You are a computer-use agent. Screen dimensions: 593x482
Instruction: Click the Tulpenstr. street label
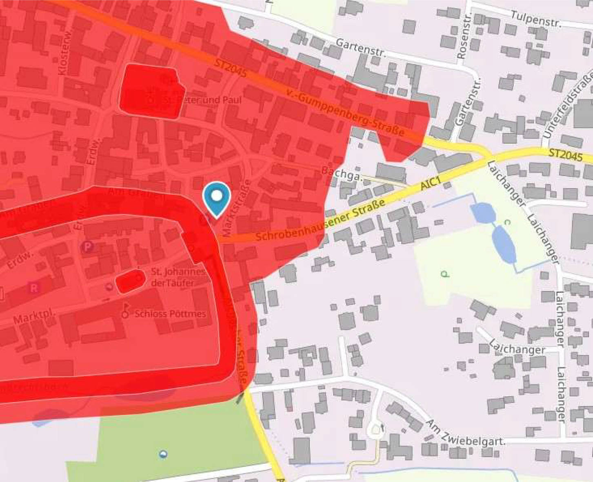(x=536, y=18)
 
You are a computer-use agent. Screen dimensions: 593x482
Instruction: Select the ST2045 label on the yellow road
(x=565, y=155)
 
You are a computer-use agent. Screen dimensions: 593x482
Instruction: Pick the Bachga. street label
(x=342, y=173)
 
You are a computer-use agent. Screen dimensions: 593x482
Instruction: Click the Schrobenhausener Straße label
(x=321, y=220)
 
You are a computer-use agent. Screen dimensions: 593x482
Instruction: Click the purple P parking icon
(x=87, y=247)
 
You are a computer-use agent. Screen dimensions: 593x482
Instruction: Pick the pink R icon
(x=34, y=288)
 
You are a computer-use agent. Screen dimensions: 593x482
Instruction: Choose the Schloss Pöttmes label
(x=170, y=314)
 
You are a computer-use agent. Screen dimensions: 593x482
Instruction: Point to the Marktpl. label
(x=35, y=316)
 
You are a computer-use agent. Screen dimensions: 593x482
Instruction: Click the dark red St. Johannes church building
(x=130, y=281)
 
